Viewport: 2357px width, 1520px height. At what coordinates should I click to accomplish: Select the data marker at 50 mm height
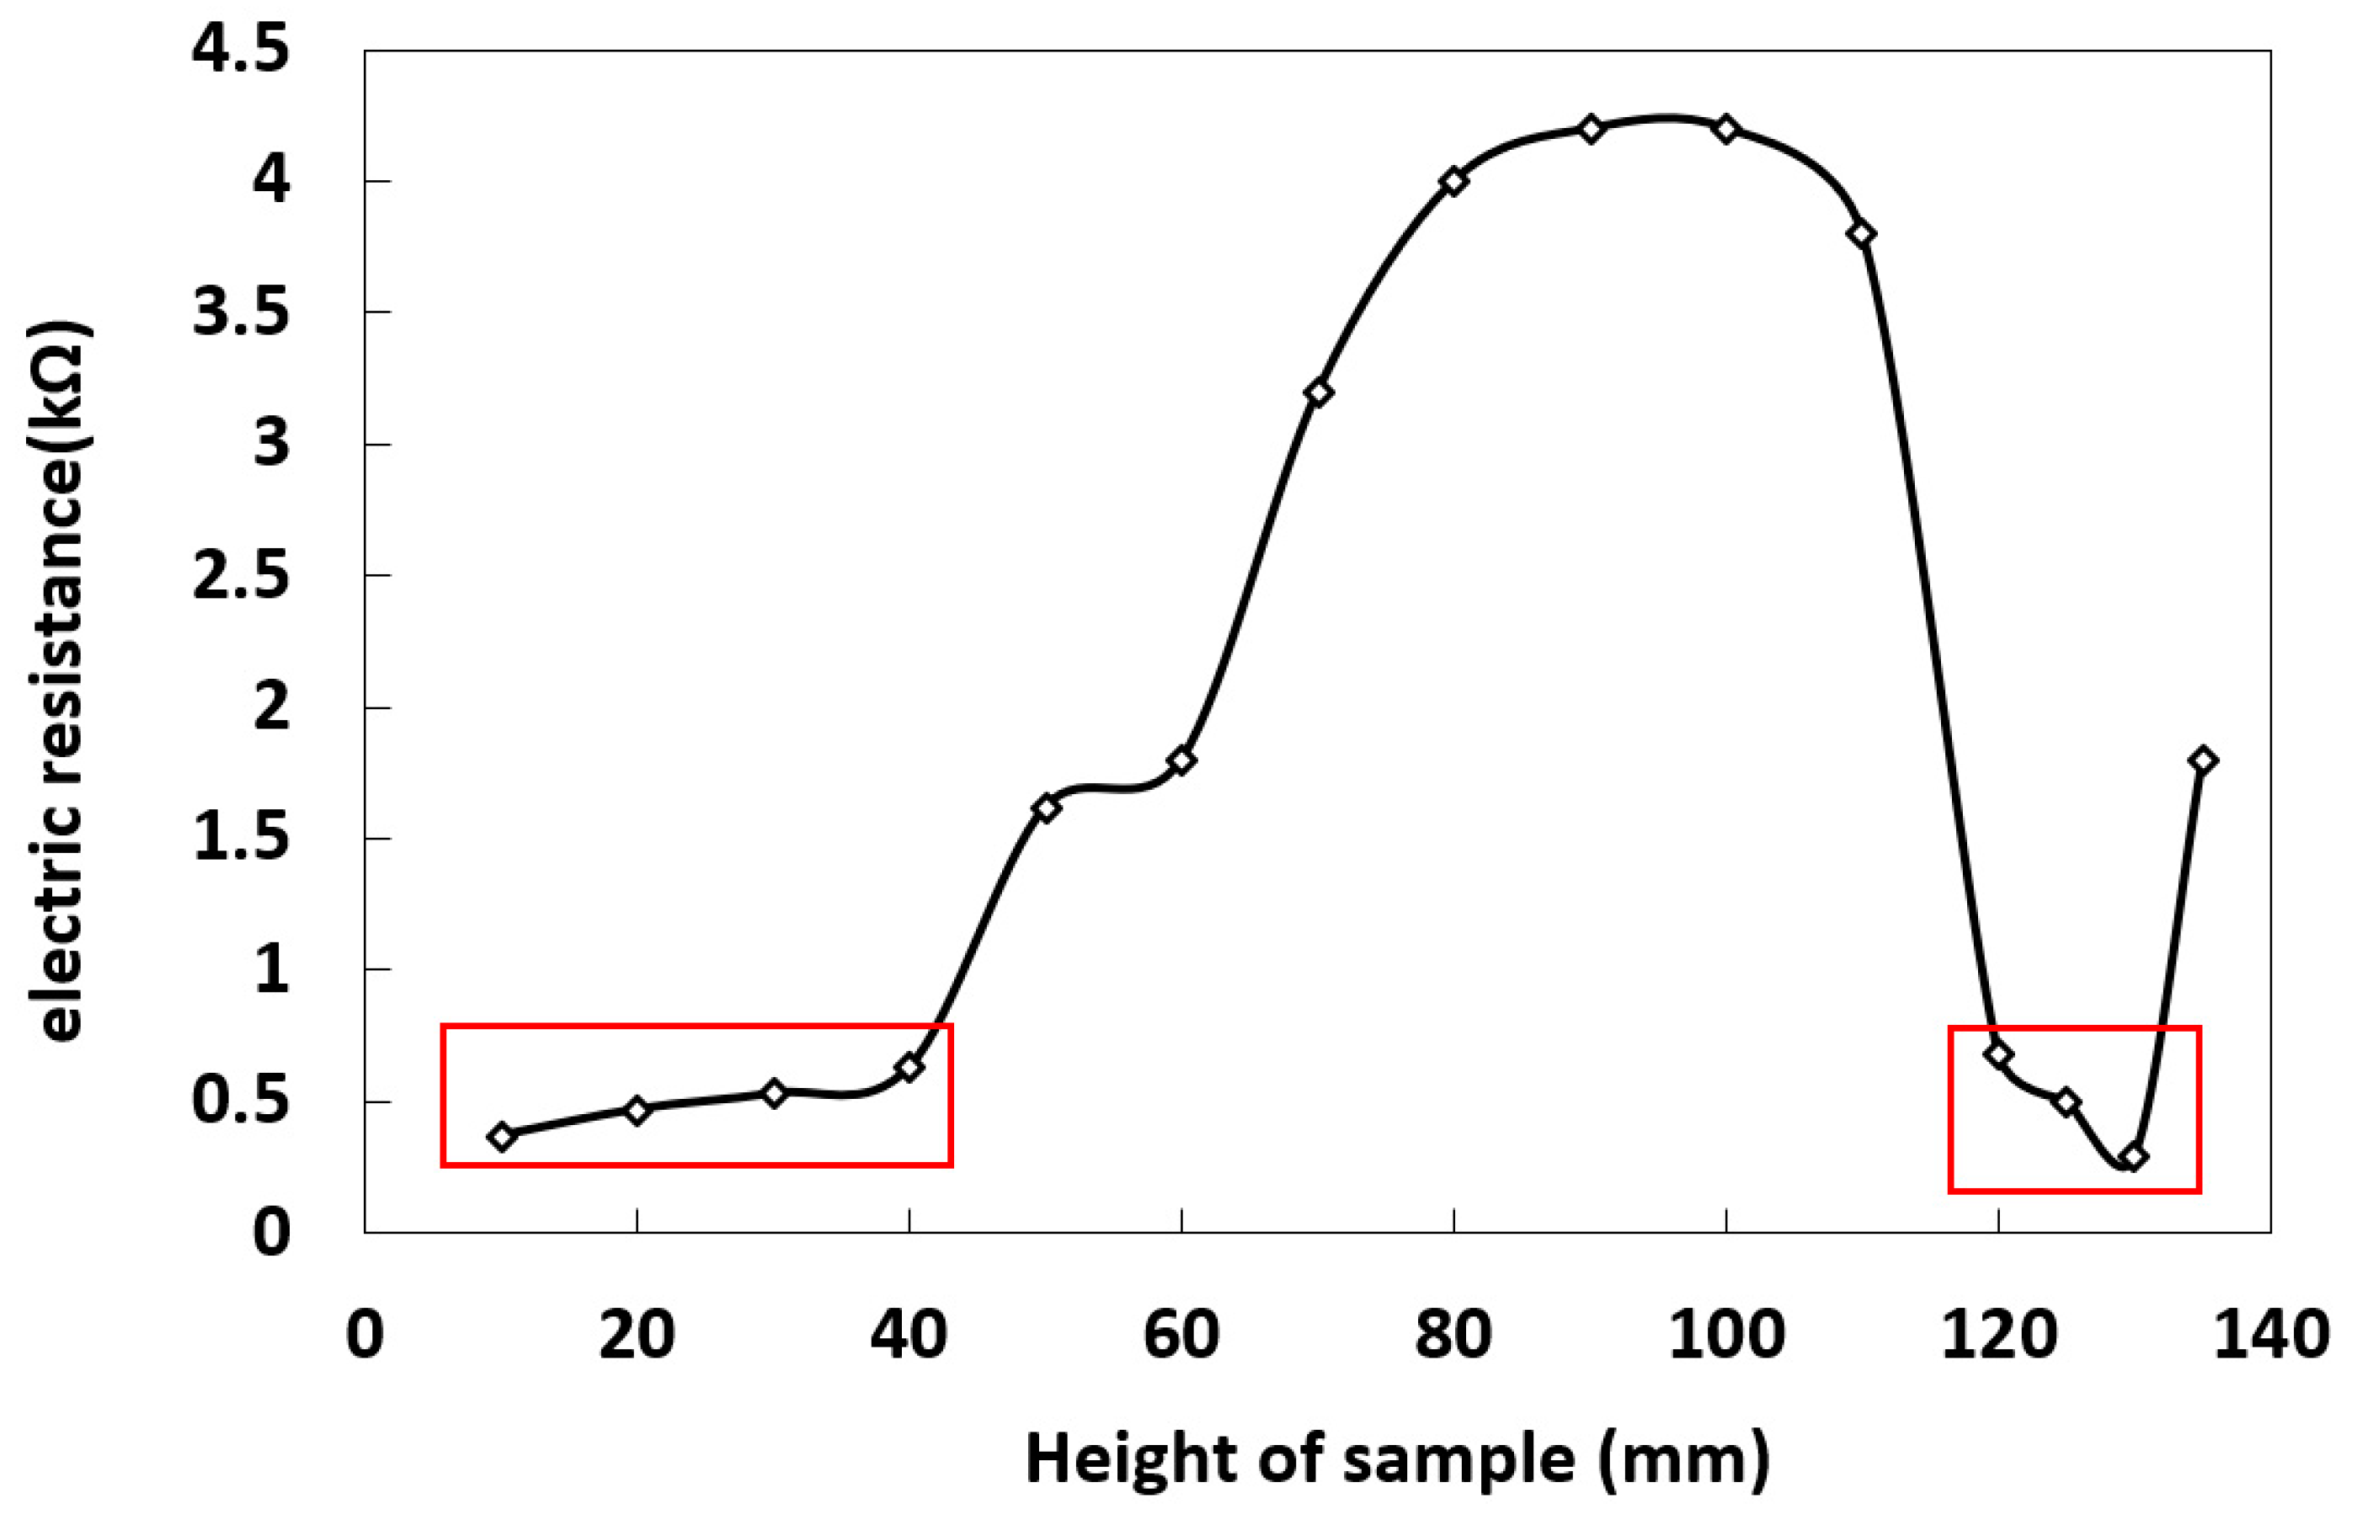point(1046,808)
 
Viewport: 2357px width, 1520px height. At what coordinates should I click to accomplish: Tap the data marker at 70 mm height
point(1319,392)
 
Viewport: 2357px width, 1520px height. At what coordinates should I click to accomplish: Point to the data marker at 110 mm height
point(1863,235)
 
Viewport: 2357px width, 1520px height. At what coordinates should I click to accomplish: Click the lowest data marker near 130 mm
point(2134,1158)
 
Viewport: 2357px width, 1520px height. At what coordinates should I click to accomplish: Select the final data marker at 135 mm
point(2203,760)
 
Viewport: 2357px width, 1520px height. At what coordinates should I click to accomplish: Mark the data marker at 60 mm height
point(1181,760)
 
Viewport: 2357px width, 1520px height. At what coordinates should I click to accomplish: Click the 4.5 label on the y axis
point(242,50)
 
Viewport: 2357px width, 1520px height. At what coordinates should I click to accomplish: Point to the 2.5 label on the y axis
point(242,575)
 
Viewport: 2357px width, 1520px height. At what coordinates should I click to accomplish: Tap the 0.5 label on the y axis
point(242,1101)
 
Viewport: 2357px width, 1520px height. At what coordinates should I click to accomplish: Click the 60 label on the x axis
point(1181,1336)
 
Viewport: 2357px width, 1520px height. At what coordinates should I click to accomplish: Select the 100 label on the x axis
point(1726,1336)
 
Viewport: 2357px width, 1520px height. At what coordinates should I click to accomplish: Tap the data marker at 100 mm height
point(1726,130)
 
